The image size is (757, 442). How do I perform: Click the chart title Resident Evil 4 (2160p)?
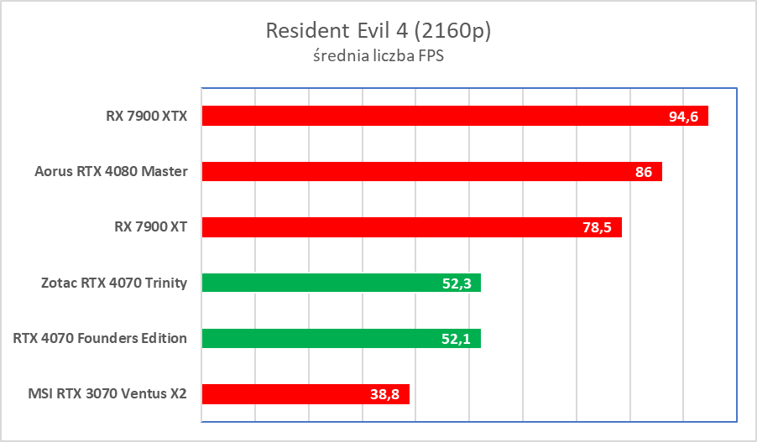pos(378,31)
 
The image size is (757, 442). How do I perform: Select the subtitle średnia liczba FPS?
pos(378,59)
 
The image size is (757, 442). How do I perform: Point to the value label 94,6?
pos(684,117)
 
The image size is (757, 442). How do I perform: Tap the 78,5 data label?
pos(597,228)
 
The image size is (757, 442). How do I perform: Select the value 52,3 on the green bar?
pos(457,283)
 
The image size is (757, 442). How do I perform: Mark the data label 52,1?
pos(457,339)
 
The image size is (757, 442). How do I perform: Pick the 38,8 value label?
pos(386,394)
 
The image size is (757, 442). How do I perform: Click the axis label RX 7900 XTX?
pos(140,117)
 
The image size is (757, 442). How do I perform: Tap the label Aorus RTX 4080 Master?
pos(111,172)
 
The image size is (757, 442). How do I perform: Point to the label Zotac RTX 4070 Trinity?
pos(115,283)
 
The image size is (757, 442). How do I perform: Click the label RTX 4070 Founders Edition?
pos(100,338)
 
